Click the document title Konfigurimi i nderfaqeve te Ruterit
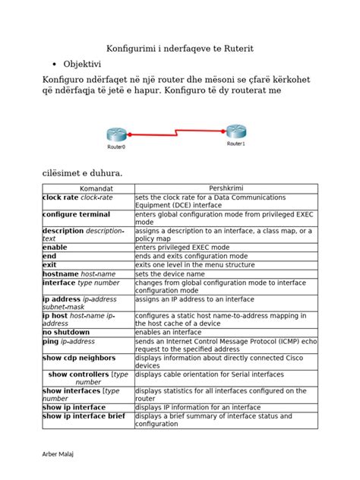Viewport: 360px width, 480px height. coord(178,48)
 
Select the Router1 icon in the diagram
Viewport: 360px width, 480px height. coord(235,131)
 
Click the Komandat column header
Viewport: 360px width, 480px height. coord(87,188)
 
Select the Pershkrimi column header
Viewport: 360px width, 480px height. coord(225,188)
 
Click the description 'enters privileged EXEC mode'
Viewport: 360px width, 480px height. coord(187,248)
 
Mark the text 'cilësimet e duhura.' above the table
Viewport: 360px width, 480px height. coord(81,172)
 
